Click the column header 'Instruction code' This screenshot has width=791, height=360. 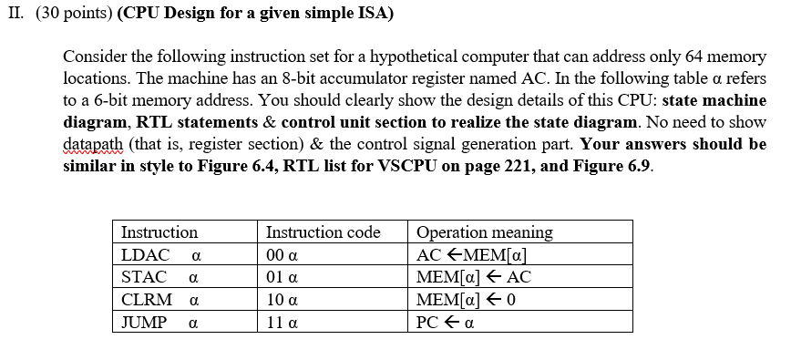click(x=323, y=232)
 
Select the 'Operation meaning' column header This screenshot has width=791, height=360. click(x=484, y=232)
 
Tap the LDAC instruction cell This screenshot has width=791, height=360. click(x=159, y=254)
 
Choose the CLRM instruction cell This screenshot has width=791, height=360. click(x=159, y=299)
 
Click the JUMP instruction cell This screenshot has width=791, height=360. click(x=159, y=321)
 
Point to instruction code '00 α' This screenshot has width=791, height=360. click(x=282, y=255)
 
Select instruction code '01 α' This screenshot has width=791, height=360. click(x=282, y=277)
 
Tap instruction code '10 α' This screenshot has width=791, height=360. click(x=282, y=299)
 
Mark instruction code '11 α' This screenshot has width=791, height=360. click(x=282, y=321)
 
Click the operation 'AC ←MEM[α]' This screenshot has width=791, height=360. click(x=471, y=255)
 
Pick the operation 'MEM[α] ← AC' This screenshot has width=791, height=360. click(x=473, y=277)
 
